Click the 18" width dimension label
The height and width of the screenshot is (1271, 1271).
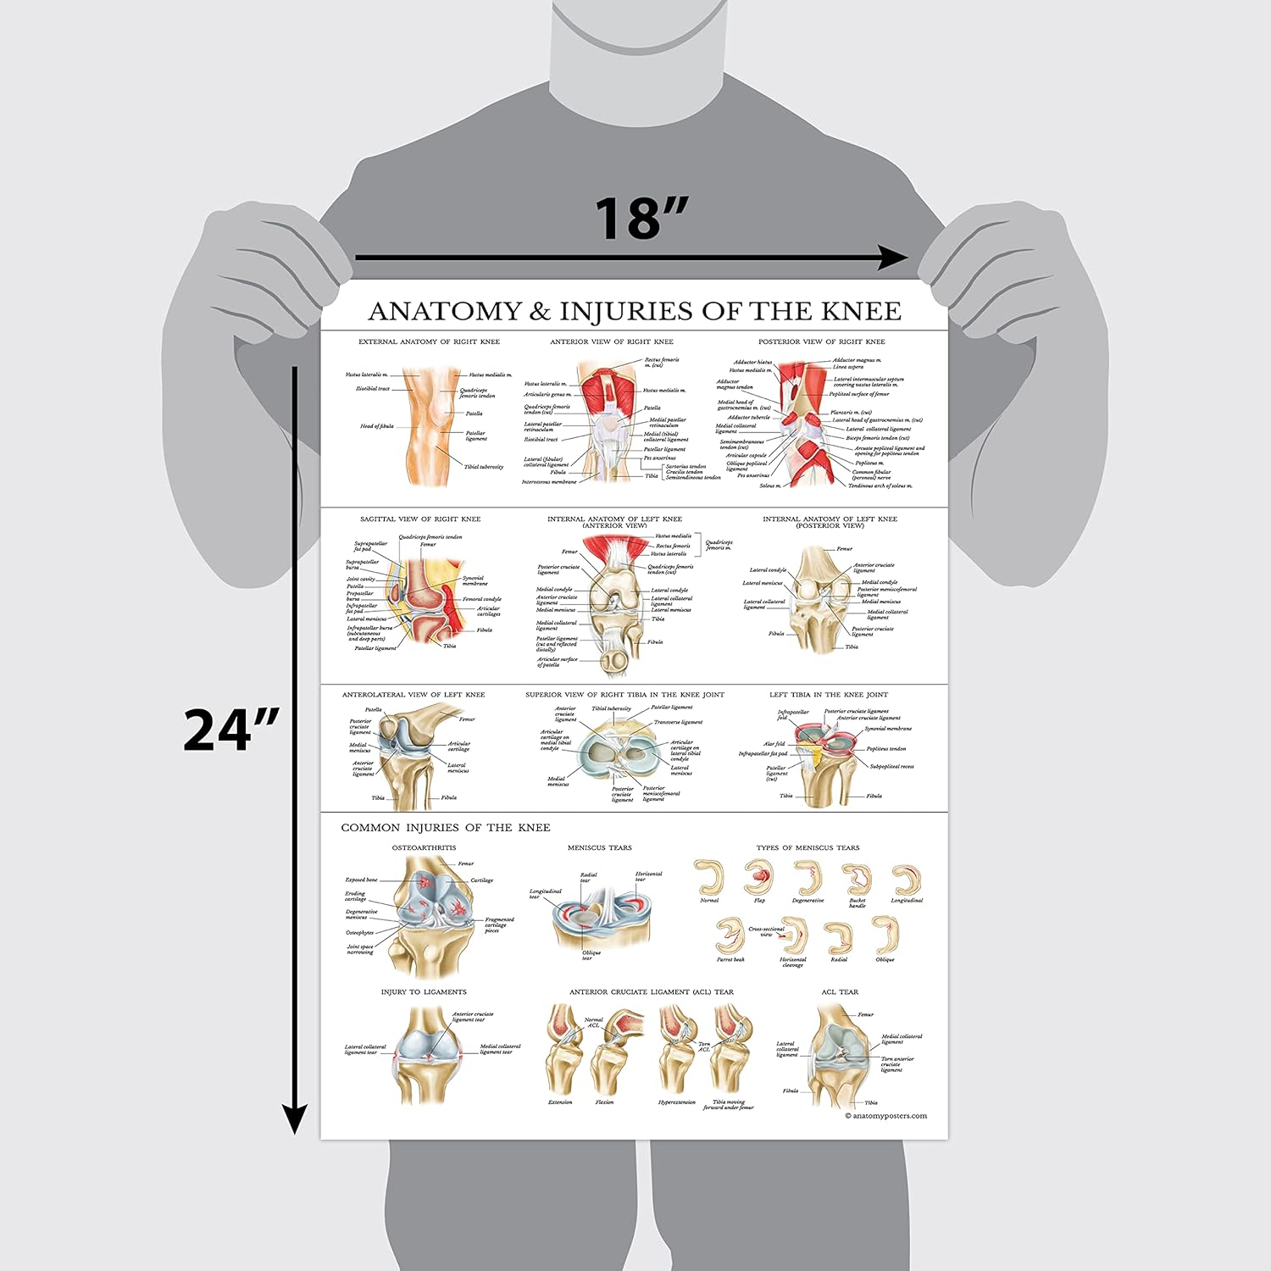[x=641, y=219]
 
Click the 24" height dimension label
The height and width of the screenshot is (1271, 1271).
[x=230, y=730]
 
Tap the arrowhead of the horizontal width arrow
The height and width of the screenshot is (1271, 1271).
[x=893, y=258]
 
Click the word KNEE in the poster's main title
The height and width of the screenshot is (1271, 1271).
[x=861, y=312]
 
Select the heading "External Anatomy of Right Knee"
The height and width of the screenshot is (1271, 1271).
[x=429, y=342]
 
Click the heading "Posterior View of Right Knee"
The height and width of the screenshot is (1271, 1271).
[x=821, y=342]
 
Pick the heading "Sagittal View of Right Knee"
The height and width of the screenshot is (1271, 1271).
[x=420, y=519]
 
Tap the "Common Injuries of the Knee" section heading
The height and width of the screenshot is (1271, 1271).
[x=446, y=828]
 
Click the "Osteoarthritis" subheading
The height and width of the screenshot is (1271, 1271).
[x=424, y=848]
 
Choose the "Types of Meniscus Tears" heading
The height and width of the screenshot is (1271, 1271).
[x=808, y=848]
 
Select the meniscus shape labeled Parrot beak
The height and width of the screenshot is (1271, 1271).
[x=729, y=935]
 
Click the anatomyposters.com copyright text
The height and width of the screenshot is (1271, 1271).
[x=885, y=1116]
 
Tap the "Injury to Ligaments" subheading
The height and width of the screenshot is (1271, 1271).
[x=424, y=992]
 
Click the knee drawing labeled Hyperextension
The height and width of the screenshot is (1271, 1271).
[x=677, y=1051]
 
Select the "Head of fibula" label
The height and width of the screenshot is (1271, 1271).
[x=377, y=427]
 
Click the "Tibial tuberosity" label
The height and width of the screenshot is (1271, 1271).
[x=483, y=467]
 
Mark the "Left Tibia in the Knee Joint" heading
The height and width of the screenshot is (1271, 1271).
[x=829, y=695]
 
